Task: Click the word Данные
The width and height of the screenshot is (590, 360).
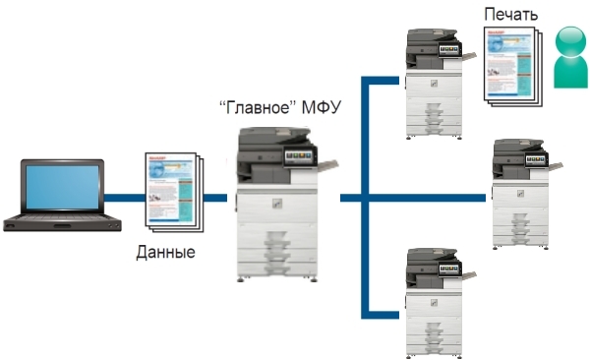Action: tap(165, 252)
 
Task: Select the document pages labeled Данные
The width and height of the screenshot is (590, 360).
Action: tap(172, 189)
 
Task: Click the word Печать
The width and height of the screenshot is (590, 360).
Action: tap(509, 14)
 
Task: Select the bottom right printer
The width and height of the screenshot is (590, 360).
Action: tap(433, 300)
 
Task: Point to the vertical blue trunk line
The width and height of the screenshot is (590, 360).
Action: tap(367, 197)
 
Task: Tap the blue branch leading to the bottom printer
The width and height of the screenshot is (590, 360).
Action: tap(385, 315)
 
